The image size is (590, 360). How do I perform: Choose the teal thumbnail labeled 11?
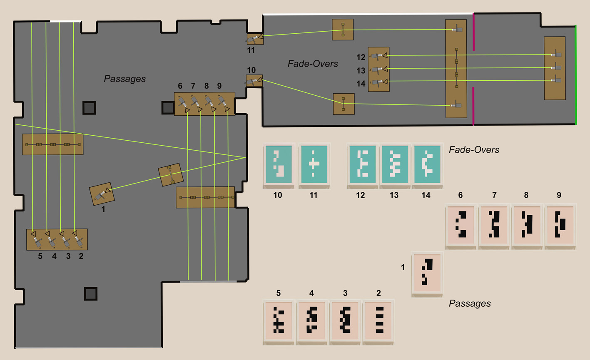pyautogui.click(x=314, y=164)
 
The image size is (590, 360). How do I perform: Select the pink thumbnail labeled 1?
pyautogui.click(x=427, y=273)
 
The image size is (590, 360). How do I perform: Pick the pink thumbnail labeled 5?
pyautogui.click(x=279, y=321)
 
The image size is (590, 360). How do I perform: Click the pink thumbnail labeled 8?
pyautogui.click(x=527, y=225)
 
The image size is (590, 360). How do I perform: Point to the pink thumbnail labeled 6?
pyautogui.click(x=461, y=225)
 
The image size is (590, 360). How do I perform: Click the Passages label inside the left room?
pyautogui.click(x=124, y=79)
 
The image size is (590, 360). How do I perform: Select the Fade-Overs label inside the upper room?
pyautogui.click(x=313, y=64)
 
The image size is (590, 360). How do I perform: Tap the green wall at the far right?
pyautogui.click(x=576, y=75)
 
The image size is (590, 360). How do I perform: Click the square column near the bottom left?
pyautogui.click(x=90, y=293)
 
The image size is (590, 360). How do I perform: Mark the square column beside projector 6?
pyautogui.click(x=167, y=107)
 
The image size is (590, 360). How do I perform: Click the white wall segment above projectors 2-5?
pyautogui.click(x=65, y=21)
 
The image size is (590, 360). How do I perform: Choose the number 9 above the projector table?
pyautogui.click(x=219, y=86)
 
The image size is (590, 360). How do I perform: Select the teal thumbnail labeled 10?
pyautogui.click(x=279, y=164)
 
